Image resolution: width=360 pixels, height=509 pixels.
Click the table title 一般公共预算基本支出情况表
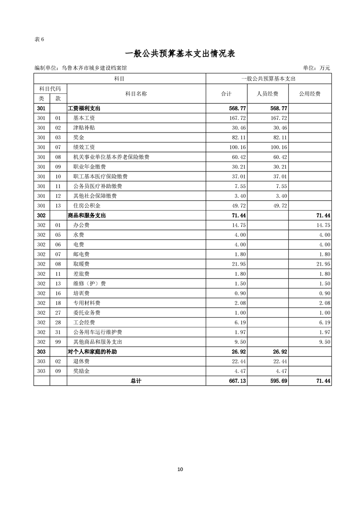point(180,54)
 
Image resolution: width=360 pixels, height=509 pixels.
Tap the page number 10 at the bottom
point(180,469)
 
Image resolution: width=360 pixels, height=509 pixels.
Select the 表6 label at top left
point(39,39)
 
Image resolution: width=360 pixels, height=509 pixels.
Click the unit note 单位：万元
point(316,68)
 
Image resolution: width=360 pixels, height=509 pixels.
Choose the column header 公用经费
point(310,94)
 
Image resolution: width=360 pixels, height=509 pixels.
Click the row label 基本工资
point(84,118)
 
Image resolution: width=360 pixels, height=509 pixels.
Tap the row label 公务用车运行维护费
point(98,333)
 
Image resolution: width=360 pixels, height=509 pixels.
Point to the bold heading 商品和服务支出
point(87,215)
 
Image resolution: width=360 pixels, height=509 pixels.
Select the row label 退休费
point(81,362)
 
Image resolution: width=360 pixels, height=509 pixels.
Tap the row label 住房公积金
point(87,206)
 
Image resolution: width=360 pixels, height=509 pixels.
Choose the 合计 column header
point(226,94)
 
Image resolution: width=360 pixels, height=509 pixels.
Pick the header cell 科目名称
point(136,94)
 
